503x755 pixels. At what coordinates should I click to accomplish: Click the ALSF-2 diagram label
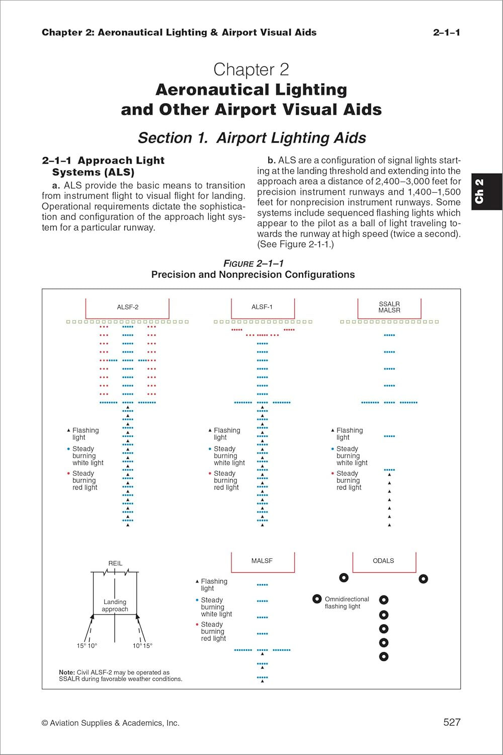pos(128,307)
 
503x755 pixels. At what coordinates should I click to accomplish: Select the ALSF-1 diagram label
pos(262,307)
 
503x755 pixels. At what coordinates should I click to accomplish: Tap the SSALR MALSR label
pos(389,307)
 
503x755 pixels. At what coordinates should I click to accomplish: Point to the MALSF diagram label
pos(262,561)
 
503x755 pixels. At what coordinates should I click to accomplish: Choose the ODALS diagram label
pos(383,561)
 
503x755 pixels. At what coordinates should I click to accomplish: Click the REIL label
pos(115,563)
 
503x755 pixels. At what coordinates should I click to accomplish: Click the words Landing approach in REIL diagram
pos(115,606)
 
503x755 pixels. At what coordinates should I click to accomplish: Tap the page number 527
pos(452,722)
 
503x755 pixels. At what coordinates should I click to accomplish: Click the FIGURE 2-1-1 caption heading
pos(254,264)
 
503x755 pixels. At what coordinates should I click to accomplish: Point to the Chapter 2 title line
pos(251,69)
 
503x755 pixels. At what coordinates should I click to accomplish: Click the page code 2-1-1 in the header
pos(446,33)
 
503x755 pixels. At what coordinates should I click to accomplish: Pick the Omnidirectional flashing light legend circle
pos(317,599)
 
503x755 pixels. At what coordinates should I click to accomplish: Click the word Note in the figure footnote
pos(66,672)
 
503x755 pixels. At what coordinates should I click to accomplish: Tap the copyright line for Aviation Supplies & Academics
pos(111,723)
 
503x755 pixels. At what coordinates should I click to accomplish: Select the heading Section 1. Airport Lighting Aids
pos(252,138)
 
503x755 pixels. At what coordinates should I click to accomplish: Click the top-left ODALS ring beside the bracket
pos(344,578)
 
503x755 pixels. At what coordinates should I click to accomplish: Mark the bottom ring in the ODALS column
pos(384,656)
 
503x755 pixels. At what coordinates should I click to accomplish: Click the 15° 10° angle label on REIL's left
pos(87,646)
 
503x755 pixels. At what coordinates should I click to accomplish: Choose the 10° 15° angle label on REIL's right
pos(142,646)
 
